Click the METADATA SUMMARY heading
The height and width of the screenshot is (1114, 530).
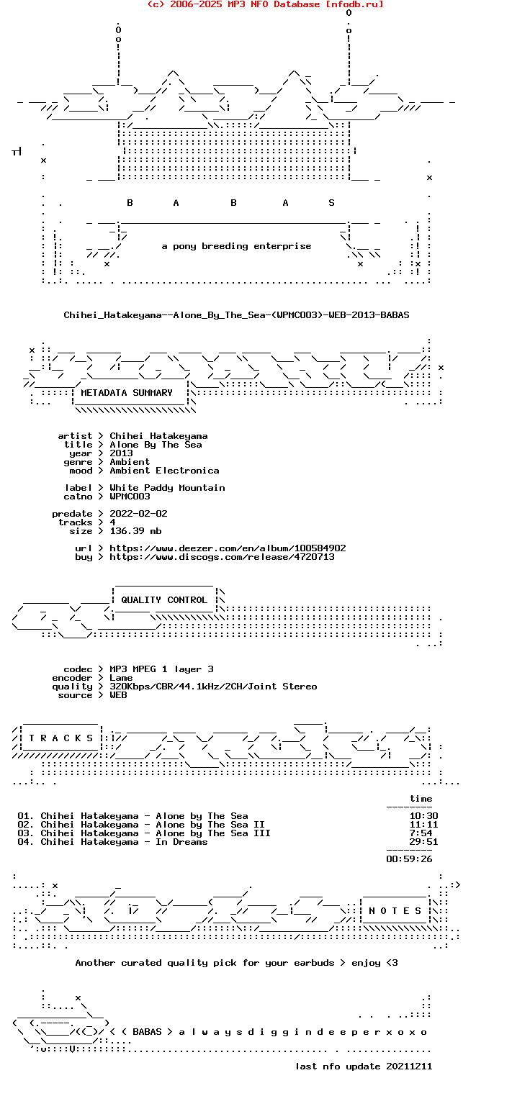(x=127, y=393)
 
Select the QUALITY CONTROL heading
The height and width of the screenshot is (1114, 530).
(x=164, y=600)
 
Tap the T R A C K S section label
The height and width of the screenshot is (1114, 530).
(x=60, y=738)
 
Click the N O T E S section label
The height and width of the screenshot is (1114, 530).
(x=395, y=910)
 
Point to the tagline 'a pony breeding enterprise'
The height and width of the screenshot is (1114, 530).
(x=236, y=246)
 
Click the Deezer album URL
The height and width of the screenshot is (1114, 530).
(x=228, y=548)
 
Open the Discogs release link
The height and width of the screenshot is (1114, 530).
(x=222, y=557)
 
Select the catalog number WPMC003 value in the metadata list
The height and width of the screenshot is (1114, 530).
(x=130, y=497)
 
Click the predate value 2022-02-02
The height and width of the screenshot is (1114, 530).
(x=138, y=514)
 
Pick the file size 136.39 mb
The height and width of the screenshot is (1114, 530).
(x=135, y=531)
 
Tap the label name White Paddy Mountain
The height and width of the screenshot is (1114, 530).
(x=167, y=488)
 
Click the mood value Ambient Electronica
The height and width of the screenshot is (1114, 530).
(x=164, y=471)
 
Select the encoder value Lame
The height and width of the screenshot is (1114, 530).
(x=121, y=678)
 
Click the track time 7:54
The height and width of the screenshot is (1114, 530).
(x=421, y=833)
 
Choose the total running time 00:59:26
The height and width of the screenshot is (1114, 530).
(x=409, y=859)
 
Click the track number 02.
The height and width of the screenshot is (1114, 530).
(x=25, y=825)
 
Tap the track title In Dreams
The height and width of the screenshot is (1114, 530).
(x=181, y=842)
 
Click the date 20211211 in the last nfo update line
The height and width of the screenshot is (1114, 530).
(x=409, y=1067)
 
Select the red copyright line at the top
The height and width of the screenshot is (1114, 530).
(x=265, y=4)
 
